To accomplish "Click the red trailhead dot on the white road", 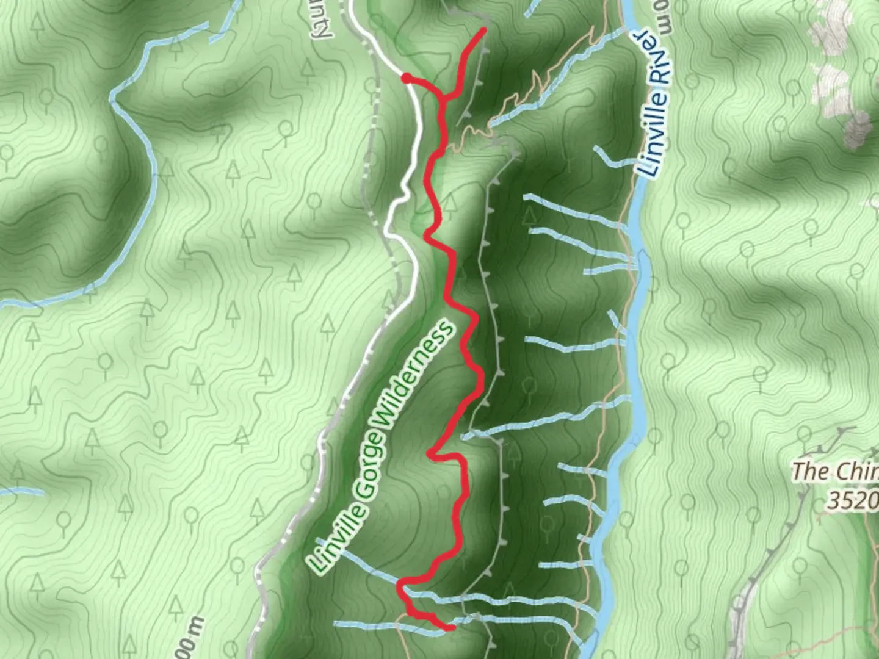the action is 406,77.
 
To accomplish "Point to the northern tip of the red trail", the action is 485,29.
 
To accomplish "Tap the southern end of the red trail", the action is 452,627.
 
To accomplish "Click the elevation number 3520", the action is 852,500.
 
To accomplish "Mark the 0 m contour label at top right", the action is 664,17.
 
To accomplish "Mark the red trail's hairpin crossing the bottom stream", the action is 401,587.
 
